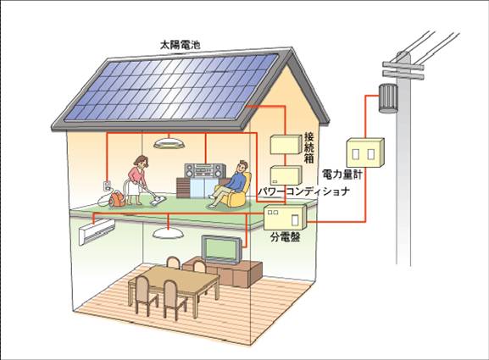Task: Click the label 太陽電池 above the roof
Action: tap(180, 45)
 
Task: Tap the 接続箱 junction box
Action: tap(286, 144)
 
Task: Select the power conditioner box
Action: tap(286, 175)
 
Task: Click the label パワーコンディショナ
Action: tap(303, 191)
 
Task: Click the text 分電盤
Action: tap(285, 237)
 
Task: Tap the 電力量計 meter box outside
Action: tap(365, 152)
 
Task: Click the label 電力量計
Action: tap(342, 174)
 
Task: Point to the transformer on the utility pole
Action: tap(388, 98)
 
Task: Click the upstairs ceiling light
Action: tap(169, 143)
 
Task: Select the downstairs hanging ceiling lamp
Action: tap(168, 233)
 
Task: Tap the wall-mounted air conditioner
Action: tap(97, 231)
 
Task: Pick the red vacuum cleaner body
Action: tap(117, 199)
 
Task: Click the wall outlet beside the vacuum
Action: tap(108, 186)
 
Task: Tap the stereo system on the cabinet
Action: tap(205, 170)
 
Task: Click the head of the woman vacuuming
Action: tap(141, 162)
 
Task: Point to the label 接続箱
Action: tap(309, 148)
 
